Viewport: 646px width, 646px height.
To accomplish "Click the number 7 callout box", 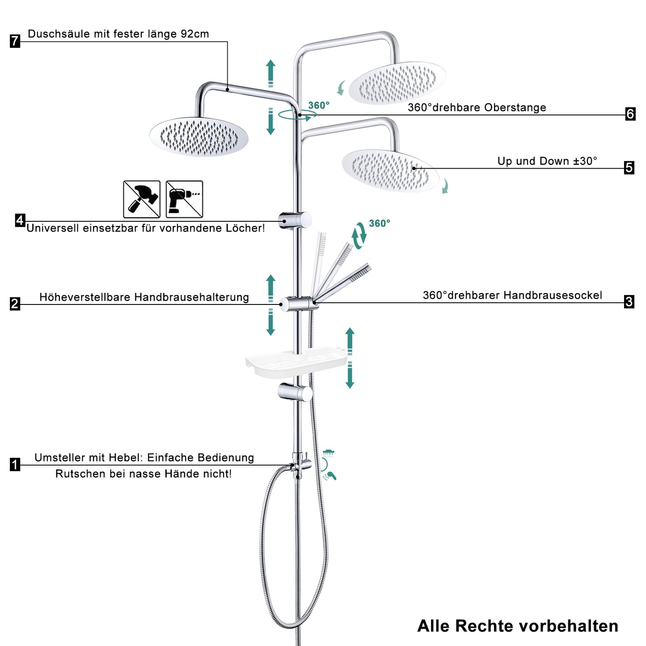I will click(x=15, y=41).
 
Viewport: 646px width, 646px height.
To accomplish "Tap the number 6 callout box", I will click(x=630, y=114).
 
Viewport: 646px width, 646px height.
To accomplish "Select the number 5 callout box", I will click(x=629, y=168).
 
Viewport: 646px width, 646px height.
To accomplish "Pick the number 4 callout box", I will click(x=20, y=220).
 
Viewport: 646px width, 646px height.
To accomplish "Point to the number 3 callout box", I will click(x=629, y=302).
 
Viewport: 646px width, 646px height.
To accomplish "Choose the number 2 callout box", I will click(x=15, y=304).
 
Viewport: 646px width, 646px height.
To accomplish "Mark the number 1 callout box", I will click(x=15, y=464).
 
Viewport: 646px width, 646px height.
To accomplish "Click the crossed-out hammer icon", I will click(x=142, y=199).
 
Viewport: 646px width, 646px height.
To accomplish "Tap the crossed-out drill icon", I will click(x=184, y=199).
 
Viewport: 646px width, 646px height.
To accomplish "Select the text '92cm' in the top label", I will click(x=195, y=34).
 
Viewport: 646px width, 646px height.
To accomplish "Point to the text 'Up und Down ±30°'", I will click(x=547, y=161).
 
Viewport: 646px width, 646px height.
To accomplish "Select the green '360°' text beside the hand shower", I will click(x=379, y=223).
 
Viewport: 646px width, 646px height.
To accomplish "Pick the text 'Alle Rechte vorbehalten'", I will click(x=518, y=626).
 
